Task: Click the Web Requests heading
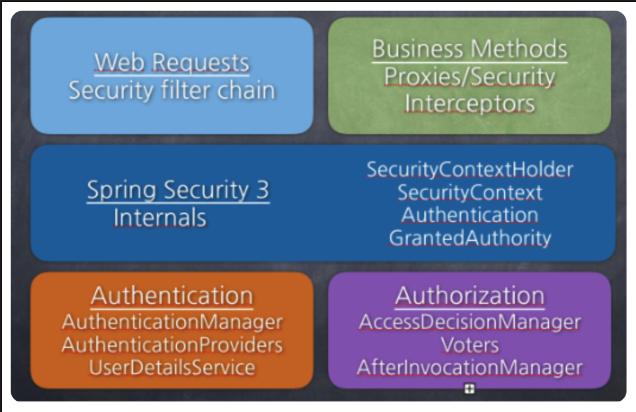click(x=172, y=62)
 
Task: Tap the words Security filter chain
click(x=172, y=90)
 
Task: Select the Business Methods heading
click(x=470, y=49)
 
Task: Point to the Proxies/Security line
click(x=470, y=76)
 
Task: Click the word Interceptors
click(x=470, y=103)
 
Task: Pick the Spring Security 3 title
click(x=178, y=190)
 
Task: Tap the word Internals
click(x=160, y=217)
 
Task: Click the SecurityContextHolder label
click(x=470, y=169)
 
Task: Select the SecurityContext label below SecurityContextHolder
click(x=470, y=192)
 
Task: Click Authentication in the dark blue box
click(x=470, y=215)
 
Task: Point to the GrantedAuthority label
click(x=470, y=238)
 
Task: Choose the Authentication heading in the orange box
click(x=172, y=296)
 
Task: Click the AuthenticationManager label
click(x=172, y=322)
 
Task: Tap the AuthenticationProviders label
click(x=172, y=345)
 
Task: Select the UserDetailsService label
click(x=172, y=368)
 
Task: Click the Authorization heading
click(x=470, y=296)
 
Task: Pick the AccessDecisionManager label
click(x=470, y=322)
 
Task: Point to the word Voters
click(x=470, y=345)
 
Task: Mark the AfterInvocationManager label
click(x=470, y=368)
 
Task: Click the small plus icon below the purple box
click(x=469, y=389)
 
